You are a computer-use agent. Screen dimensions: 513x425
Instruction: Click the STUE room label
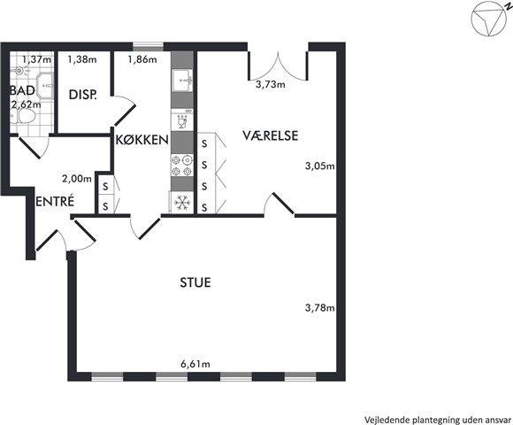click(195, 282)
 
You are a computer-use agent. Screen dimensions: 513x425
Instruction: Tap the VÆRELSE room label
click(271, 135)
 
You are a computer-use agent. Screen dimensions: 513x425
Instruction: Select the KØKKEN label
click(142, 140)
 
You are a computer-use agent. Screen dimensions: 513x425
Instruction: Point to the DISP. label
click(83, 95)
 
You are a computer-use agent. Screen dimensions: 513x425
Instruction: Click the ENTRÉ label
click(55, 201)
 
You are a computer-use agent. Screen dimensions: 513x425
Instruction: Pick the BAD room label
click(22, 90)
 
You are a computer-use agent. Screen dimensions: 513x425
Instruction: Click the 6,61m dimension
click(195, 364)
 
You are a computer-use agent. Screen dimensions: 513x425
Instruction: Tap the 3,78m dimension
click(320, 308)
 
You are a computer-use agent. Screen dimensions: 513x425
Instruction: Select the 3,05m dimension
click(320, 166)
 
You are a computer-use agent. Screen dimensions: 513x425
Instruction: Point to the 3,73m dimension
click(271, 84)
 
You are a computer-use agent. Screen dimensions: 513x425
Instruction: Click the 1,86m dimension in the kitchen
click(142, 59)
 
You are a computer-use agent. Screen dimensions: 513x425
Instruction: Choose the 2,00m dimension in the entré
click(77, 179)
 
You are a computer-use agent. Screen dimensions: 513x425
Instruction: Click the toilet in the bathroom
click(23, 117)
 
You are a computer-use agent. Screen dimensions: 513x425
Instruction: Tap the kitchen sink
click(182, 81)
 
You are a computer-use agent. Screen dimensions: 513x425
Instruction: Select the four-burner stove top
click(182, 166)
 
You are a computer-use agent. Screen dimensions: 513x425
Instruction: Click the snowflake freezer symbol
click(181, 203)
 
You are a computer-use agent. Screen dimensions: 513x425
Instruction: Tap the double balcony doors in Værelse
click(278, 66)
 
